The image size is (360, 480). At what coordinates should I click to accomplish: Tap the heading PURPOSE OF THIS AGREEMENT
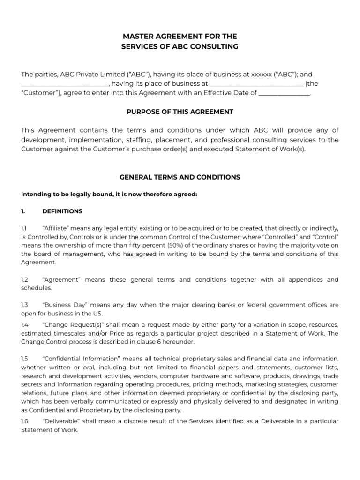(180, 112)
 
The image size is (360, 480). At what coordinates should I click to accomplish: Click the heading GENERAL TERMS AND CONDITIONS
(180, 177)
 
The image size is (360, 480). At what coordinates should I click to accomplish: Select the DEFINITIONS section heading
(62, 211)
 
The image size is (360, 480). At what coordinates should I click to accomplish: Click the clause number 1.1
(24, 227)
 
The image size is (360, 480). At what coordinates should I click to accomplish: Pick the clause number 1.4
(25, 324)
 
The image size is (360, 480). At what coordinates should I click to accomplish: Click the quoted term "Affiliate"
(57, 227)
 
